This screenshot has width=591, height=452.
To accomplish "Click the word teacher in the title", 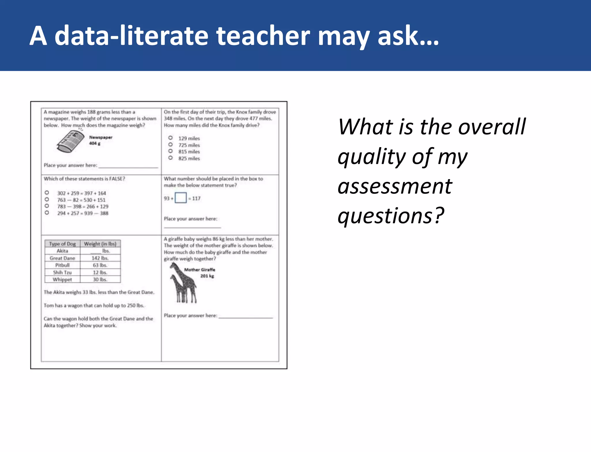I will (x=263, y=36).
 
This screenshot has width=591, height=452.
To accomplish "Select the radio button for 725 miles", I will (x=171, y=145).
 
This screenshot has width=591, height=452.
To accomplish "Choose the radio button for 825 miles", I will (x=171, y=158).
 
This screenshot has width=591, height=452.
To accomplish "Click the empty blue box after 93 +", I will (x=181, y=198).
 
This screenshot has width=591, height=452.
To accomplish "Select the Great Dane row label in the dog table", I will (x=62, y=258).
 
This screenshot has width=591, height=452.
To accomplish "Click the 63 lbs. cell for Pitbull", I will (x=100, y=265).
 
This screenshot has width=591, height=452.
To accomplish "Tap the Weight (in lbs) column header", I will (x=100, y=244).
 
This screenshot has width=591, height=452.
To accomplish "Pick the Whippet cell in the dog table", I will (x=62, y=279).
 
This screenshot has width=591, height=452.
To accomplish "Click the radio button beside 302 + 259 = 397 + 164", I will (x=47, y=193).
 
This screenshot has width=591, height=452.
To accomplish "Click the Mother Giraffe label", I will (x=199, y=270).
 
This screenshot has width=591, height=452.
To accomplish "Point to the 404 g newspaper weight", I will (x=95, y=143).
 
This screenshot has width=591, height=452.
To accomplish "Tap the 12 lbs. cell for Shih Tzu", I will (x=100, y=272).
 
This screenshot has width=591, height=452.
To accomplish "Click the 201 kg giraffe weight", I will (x=207, y=276).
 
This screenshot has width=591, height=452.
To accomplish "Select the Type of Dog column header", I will (x=62, y=244).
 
